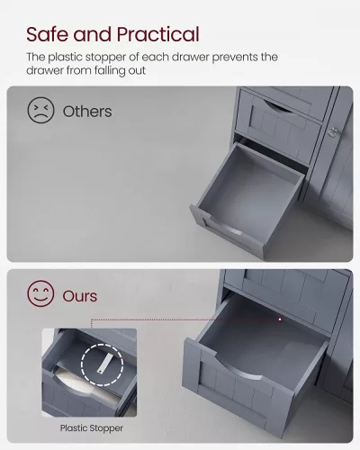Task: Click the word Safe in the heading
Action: [48, 34]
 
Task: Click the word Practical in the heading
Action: [158, 34]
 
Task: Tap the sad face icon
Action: [40, 110]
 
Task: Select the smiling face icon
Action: [40, 293]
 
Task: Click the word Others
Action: [87, 112]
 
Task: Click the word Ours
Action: [80, 296]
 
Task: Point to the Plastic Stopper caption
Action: [92, 427]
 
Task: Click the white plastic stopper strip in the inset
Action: [103, 363]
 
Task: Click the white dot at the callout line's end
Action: [280, 319]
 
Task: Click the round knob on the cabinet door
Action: [332, 132]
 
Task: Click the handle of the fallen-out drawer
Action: [223, 224]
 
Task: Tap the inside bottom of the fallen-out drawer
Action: [249, 196]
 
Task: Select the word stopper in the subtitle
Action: [105, 58]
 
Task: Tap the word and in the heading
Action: [93, 34]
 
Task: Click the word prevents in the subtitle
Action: [235, 58]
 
